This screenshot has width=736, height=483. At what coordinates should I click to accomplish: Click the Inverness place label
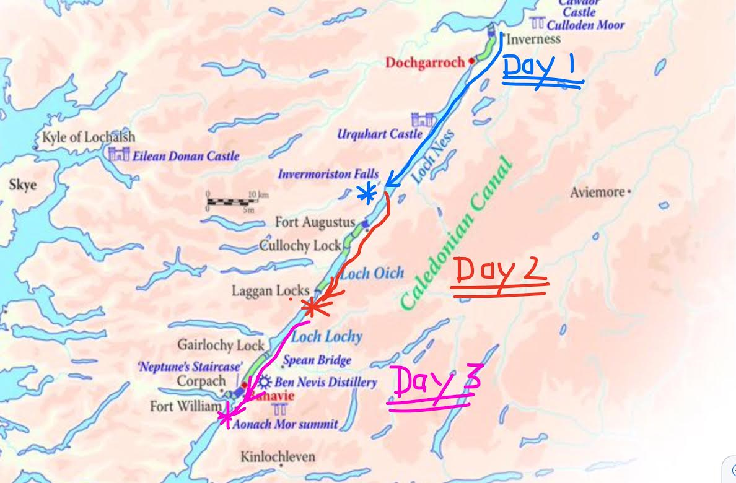tap(533, 39)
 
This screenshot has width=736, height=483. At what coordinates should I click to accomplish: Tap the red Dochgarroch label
tap(424, 63)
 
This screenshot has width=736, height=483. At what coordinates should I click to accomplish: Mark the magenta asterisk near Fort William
tap(226, 417)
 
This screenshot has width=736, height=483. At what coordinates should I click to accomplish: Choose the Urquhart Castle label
tap(379, 134)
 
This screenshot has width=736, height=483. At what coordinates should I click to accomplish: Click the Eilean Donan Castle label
tap(185, 156)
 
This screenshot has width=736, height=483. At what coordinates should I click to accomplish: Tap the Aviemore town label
tap(597, 193)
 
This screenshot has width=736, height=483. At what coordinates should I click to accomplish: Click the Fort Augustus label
tap(315, 222)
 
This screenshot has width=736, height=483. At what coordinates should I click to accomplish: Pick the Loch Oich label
tap(372, 273)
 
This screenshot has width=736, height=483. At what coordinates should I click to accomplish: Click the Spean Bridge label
tap(317, 360)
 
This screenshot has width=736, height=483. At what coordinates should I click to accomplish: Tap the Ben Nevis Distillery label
tap(325, 382)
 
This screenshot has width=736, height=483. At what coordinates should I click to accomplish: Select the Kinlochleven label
tap(278, 457)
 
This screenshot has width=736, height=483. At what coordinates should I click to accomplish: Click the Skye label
tap(22, 185)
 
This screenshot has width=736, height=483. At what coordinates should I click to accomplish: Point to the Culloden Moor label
tap(585, 25)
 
